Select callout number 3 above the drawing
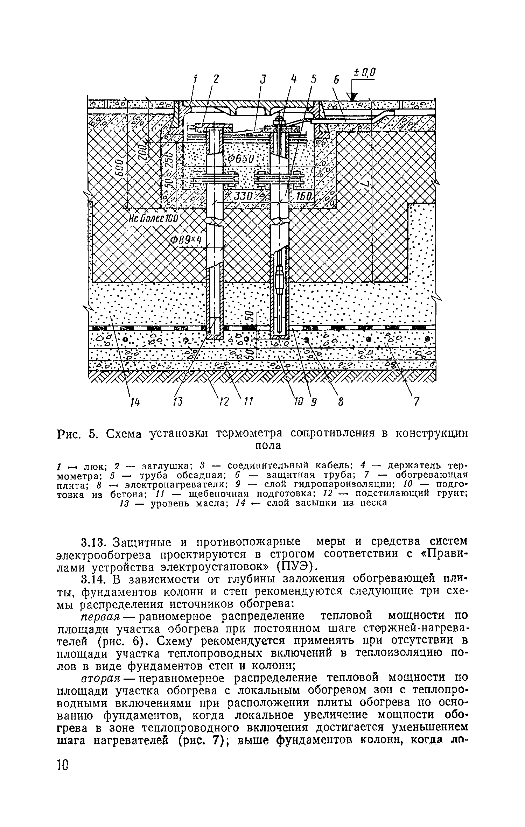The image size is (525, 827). click(263, 79)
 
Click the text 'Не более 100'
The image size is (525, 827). click(153, 219)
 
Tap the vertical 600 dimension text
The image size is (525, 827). click(120, 171)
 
